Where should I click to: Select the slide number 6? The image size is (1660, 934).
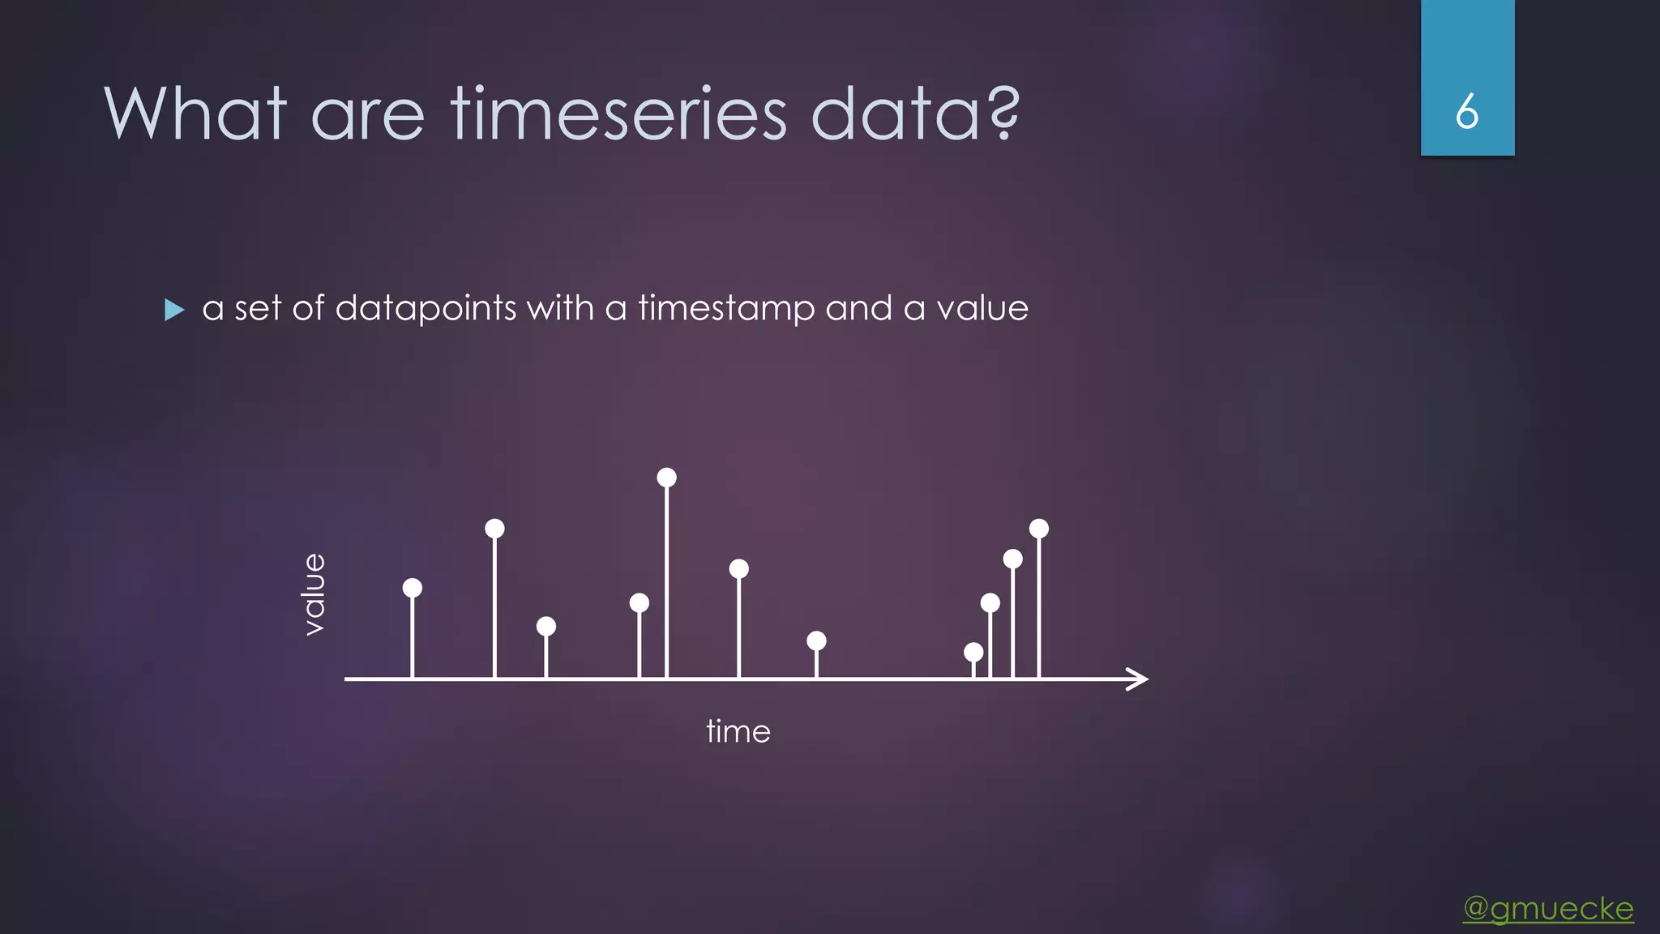click(1467, 112)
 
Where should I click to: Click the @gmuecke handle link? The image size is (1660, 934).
click(1548, 908)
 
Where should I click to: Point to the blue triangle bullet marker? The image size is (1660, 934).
click(174, 310)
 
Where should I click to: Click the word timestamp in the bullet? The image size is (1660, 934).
click(726, 309)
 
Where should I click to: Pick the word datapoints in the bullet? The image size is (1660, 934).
click(426, 309)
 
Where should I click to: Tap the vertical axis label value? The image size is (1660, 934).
click(313, 594)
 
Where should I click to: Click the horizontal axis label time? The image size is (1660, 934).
click(738, 731)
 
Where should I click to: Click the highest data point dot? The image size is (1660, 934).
click(666, 478)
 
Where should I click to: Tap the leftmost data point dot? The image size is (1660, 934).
click(413, 588)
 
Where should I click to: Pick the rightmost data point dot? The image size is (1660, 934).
click(1039, 529)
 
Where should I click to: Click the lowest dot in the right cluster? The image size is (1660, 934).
click(973, 652)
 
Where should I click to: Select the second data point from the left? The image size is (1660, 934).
click(494, 529)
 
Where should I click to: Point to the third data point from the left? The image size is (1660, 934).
click(546, 626)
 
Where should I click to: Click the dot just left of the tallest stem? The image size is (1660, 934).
click(640, 602)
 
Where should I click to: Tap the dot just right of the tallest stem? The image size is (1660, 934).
click(738, 569)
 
